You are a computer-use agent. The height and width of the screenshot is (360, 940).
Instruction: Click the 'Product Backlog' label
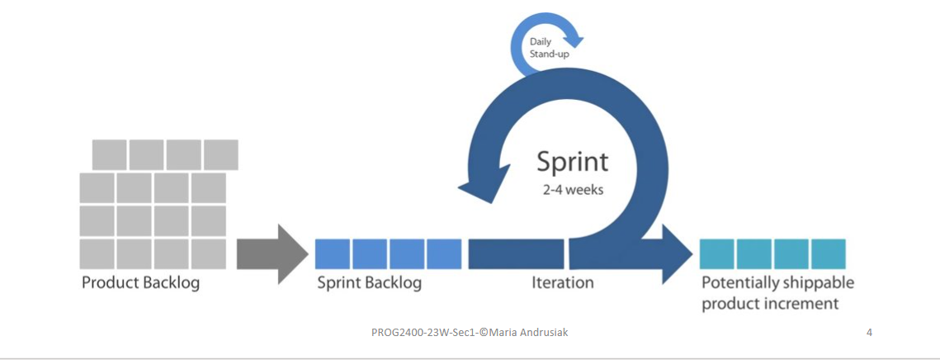[140, 283]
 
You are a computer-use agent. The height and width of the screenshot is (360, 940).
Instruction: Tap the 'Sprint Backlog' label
[370, 283]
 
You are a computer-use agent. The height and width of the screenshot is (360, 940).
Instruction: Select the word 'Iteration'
[562, 283]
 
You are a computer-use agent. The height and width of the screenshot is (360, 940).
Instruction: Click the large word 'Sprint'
[573, 161]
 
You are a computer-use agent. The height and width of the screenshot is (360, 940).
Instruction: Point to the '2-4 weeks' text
[573, 190]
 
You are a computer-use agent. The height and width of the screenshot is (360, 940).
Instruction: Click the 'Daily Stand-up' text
[548, 48]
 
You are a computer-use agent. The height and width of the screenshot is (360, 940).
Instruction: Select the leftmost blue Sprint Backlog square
[333, 254]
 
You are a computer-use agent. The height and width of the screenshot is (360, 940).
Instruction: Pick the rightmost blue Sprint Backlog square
[444, 254]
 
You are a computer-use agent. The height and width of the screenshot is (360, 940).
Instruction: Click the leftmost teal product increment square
[716, 254]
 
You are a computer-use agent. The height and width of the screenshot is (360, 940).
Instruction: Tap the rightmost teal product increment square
[828, 254]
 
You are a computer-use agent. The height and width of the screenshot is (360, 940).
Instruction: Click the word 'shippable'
[816, 283]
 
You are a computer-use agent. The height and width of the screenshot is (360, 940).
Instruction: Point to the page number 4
[869, 332]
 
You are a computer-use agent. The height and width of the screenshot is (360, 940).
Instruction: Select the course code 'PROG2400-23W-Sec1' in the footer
[418, 332]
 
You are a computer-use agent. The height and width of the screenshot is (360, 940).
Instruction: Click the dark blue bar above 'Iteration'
[516, 253]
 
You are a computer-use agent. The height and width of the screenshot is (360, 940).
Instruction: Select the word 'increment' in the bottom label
[801, 304]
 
